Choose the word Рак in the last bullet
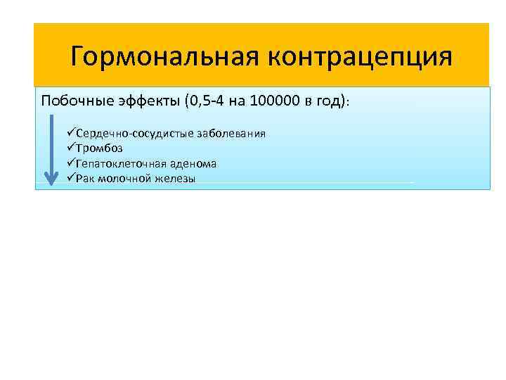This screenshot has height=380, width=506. point(85,179)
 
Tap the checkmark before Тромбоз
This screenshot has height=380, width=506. point(71,148)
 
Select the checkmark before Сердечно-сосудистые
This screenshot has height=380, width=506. point(71,134)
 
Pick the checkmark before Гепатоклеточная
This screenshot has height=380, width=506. point(71,163)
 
